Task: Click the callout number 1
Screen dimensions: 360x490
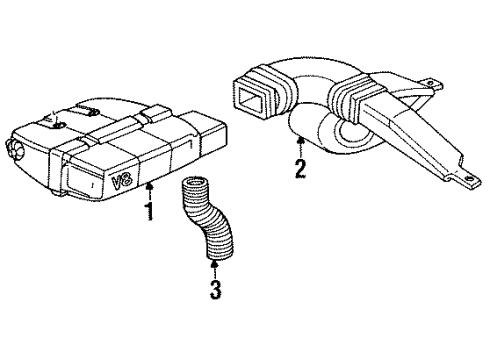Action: coord(151,211)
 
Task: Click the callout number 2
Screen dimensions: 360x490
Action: coord(298,168)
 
